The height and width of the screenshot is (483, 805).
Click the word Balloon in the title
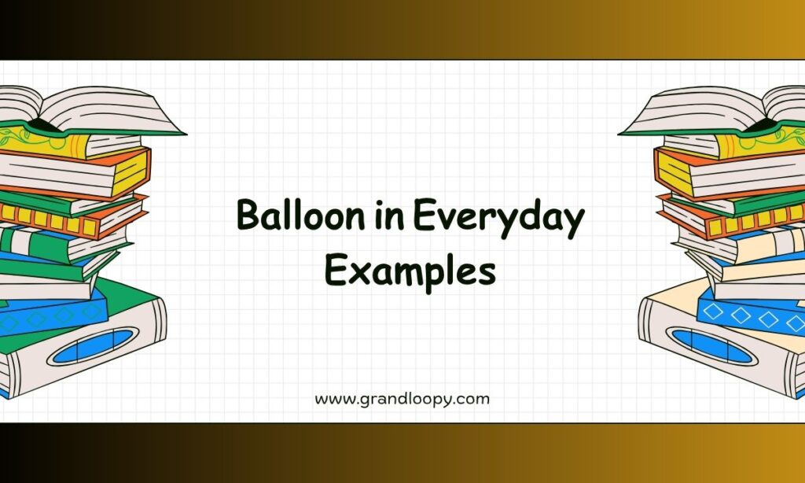click(300, 215)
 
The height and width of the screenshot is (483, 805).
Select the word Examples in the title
click(410, 272)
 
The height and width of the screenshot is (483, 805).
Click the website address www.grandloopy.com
click(402, 400)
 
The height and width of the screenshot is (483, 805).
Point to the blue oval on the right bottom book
click(711, 346)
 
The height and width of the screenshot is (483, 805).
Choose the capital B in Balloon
click(249, 215)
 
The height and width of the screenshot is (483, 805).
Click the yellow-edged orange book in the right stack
click(728, 171)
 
